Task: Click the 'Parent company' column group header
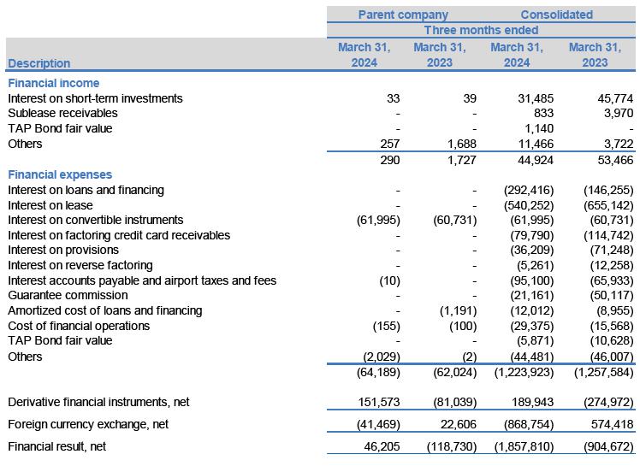402,15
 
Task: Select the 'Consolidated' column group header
556,15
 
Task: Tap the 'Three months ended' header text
481,31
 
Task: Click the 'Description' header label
39,63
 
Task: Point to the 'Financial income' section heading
53,83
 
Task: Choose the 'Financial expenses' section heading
60,174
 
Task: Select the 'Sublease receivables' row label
62,114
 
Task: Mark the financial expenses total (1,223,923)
521,372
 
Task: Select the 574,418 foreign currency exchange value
610,424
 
